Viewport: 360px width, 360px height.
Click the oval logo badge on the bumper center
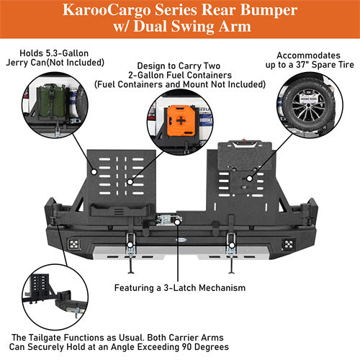coord(180,223)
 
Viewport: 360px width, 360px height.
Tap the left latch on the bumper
coord(130,242)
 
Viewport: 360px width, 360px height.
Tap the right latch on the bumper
coord(232,241)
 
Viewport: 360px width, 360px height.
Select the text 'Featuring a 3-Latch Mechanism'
coord(180,287)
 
